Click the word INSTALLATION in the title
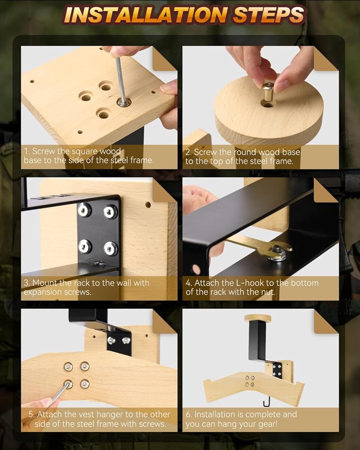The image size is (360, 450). click(146, 15)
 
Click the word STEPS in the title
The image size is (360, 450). click(268, 15)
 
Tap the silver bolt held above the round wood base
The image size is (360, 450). click(268, 91)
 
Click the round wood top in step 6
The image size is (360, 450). click(257, 318)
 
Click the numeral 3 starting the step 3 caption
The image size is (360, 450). click(26, 283)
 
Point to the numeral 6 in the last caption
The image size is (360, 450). click(188, 414)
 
